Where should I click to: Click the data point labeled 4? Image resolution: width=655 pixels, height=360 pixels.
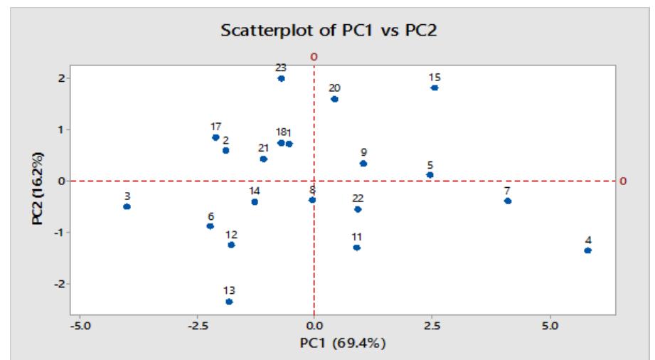tap(587, 250)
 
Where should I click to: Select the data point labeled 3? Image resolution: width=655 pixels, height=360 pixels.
tap(127, 206)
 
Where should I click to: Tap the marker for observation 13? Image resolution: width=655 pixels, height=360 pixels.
tap(229, 302)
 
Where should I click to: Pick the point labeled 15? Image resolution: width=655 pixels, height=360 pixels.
tap(435, 88)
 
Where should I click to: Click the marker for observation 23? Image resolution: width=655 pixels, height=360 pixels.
tap(281, 78)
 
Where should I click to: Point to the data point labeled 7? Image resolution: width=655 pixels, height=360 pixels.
tap(508, 201)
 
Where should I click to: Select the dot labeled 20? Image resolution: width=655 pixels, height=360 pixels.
tap(334, 99)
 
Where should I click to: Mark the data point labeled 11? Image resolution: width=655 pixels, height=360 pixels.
tap(356, 248)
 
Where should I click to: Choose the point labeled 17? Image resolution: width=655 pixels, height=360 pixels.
tap(215, 137)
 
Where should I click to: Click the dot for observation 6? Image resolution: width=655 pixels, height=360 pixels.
tap(210, 226)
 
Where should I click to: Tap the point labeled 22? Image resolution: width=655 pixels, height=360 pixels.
tap(358, 209)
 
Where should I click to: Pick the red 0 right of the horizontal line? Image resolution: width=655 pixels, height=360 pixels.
tap(624, 181)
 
